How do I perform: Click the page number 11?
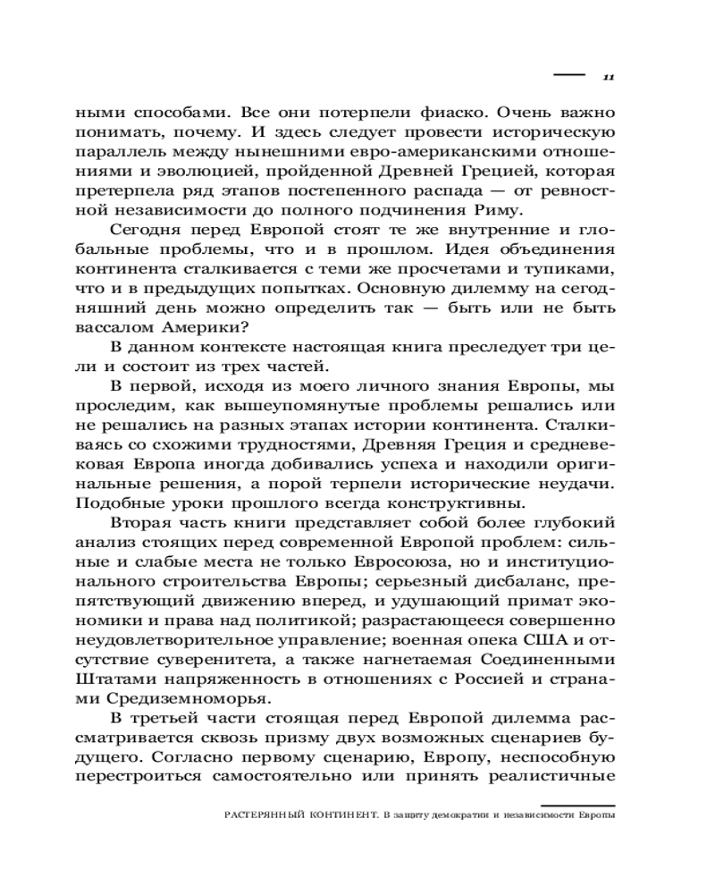click(607, 77)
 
